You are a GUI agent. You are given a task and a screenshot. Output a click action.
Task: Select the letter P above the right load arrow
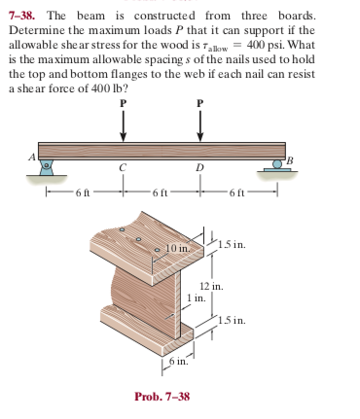coord(200,100)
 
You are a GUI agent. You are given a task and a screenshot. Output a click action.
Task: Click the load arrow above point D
coord(200,123)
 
